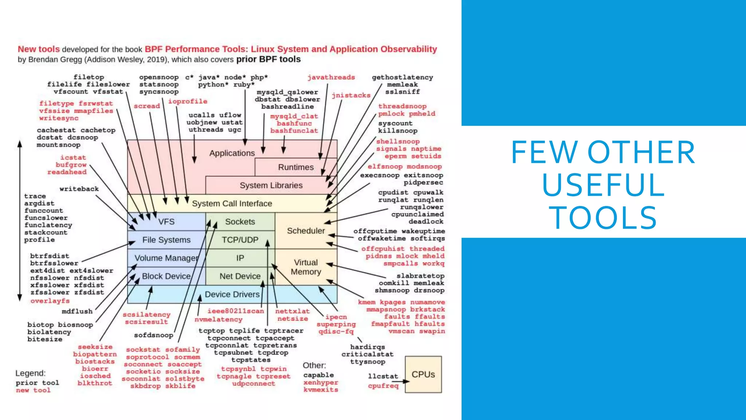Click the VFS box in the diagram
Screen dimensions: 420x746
click(166, 222)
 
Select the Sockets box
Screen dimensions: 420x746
click(240, 222)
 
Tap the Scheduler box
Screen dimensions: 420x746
click(306, 231)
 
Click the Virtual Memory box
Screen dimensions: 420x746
click(306, 267)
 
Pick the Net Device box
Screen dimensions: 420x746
click(240, 276)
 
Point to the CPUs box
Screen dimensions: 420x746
click(423, 374)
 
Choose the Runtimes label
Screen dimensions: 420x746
click(296, 167)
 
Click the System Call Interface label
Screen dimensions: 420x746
click(232, 203)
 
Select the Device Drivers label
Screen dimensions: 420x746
click(232, 295)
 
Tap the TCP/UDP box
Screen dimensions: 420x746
click(240, 240)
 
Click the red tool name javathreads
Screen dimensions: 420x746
click(331, 77)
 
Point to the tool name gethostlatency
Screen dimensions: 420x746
click(403, 77)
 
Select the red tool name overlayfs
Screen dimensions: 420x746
click(50, 301)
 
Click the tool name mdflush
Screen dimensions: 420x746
click(77, 311)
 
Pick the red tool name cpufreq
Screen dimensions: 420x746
click(383, 386)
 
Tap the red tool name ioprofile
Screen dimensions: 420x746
click(188, 101)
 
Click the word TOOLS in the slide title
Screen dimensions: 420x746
click(603, 218)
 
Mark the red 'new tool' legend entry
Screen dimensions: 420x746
click(33, 390)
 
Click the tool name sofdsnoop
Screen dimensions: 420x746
click(154, 335)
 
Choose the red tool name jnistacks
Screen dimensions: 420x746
click(351, 96)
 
